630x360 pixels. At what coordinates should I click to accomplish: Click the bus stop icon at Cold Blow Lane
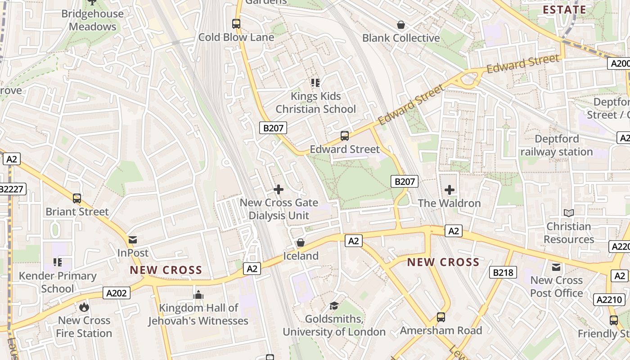236,23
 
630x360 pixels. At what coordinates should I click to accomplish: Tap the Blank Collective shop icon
400,25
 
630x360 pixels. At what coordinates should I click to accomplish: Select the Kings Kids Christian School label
315,103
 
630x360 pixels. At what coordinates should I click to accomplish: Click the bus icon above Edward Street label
345,135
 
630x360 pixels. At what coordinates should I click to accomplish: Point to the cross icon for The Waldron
450,190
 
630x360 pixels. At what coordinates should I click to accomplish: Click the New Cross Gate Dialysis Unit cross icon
279,189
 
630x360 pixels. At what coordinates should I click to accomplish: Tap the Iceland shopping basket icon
301,243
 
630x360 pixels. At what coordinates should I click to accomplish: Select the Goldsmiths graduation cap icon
334,306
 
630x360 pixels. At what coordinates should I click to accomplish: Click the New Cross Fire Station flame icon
84,307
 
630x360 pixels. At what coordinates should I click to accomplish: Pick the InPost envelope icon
133,240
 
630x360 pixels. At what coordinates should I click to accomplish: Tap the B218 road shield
503,272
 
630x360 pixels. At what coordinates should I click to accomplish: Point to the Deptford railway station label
557,145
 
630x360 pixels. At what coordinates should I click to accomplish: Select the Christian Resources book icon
569,213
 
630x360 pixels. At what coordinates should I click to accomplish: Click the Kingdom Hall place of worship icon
198,295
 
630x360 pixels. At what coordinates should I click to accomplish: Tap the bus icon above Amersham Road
441,317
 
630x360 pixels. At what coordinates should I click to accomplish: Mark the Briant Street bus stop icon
77,198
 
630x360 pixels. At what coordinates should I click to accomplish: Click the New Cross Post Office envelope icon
557,267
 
